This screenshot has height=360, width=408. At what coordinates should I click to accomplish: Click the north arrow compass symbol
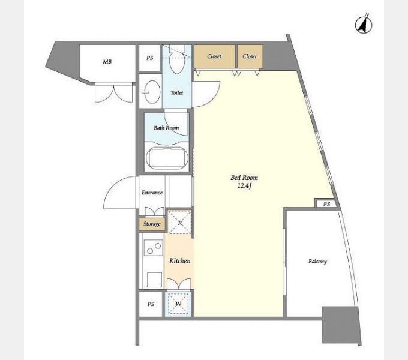coord(364,24)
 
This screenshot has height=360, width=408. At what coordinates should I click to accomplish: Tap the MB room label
coord(107,62)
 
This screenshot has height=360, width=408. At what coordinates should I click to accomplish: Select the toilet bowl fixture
coord(177,61)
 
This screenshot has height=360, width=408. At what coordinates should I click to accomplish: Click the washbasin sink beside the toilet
coord(152,92)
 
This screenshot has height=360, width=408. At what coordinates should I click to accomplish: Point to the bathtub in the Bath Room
coord(167,158)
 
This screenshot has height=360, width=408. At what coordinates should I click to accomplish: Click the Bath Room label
coord(166,128)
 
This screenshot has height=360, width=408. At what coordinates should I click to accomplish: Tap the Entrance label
coord(152,193)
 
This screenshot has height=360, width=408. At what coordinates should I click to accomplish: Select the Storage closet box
coord(152,224)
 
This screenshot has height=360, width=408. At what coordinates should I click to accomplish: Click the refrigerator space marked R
coord(180,223)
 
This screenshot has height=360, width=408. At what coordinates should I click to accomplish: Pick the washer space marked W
coord(179,304)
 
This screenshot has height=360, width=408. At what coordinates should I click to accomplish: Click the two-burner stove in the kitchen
coord(154,248)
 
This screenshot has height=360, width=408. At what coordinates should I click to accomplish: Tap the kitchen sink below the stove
coord(155,280)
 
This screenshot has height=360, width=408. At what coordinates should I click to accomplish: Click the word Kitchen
coord(180,260)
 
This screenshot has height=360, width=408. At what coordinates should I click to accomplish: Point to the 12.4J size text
coord(244,186)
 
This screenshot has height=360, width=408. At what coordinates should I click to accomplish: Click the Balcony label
coord(317,262)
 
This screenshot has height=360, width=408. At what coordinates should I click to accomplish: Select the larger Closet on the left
coord(214,56)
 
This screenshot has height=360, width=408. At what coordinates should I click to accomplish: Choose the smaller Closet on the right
coord(250,56)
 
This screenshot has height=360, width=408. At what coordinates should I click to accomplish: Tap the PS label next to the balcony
coord(327,204)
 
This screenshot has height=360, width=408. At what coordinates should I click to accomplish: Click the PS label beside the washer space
coord(151,304)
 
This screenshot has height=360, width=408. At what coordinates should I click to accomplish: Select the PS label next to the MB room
coord(150,58)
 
